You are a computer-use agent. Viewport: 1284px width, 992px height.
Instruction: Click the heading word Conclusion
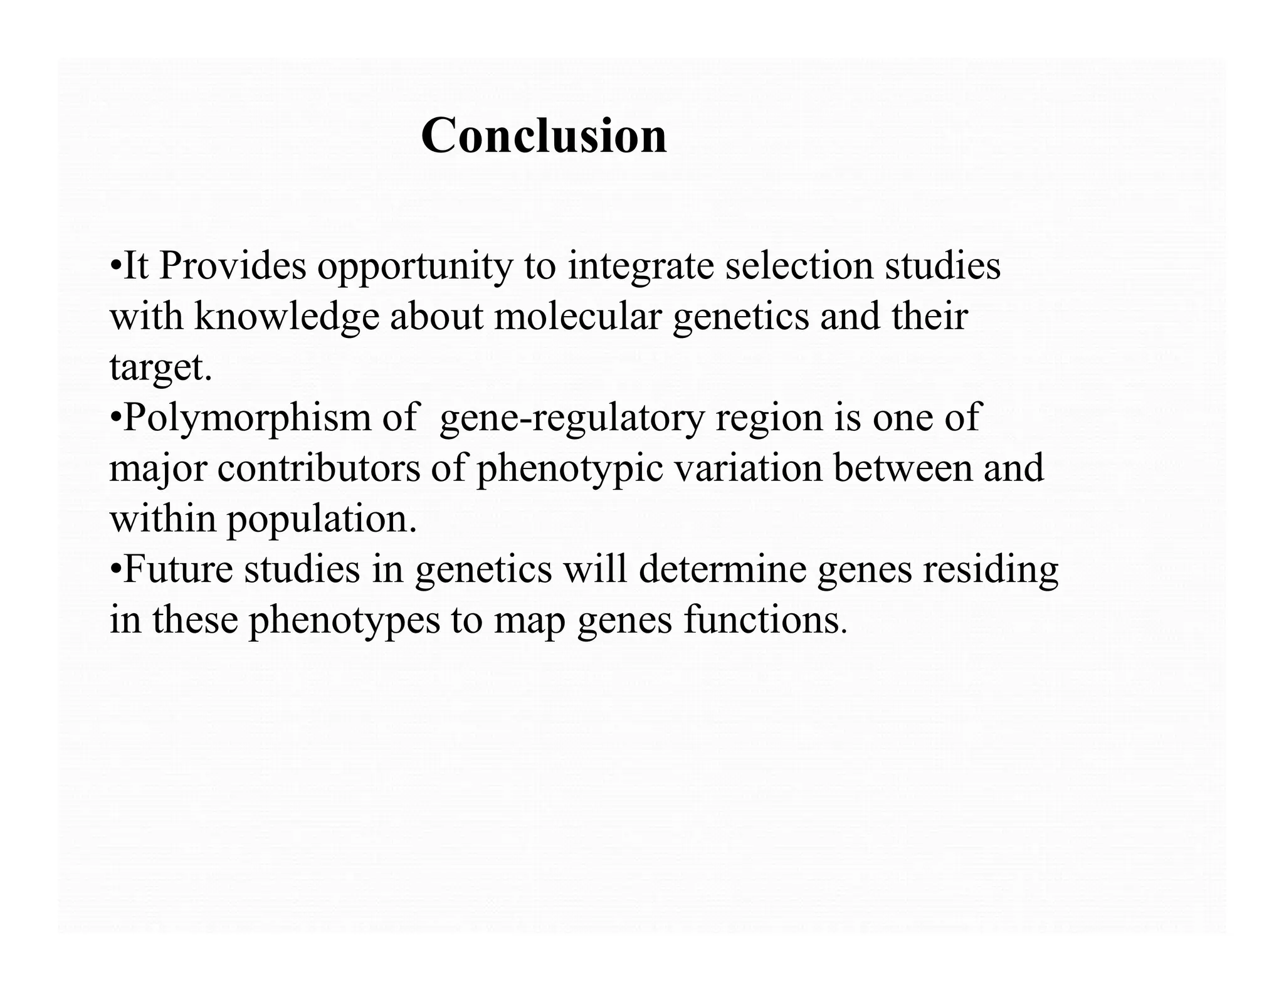(544, 135)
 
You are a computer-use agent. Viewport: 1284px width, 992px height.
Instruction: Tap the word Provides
(233, 266)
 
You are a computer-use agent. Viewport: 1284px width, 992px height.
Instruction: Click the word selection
(799, 266)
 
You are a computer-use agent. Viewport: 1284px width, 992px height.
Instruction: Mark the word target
(160, 368)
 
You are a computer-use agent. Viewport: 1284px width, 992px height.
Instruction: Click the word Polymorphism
(248, 418)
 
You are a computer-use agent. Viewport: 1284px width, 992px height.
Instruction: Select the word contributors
(318, 468)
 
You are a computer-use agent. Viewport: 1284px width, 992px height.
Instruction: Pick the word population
(322, 520)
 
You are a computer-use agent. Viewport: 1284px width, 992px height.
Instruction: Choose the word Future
(178, 569)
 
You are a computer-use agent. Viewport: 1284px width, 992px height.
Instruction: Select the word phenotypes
(344, 621)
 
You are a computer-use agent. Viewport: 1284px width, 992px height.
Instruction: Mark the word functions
(765, 620)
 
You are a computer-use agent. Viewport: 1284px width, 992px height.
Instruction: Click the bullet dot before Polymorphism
(115, 418)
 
